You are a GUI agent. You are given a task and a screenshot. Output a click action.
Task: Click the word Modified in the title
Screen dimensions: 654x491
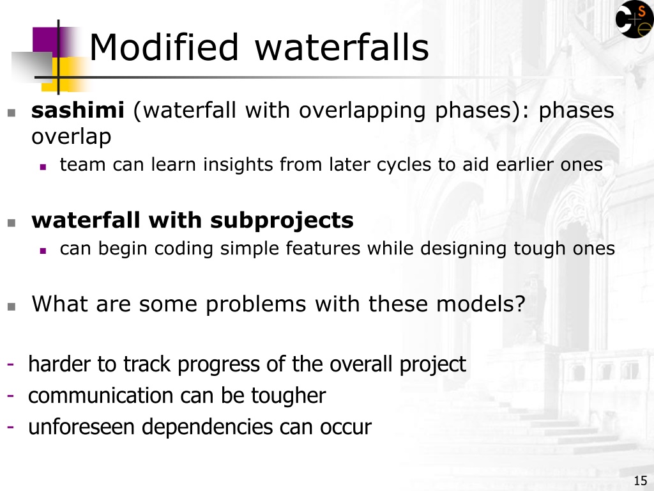click(164, 47)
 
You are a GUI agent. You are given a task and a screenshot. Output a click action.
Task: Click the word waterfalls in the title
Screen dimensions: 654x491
click(342, 47)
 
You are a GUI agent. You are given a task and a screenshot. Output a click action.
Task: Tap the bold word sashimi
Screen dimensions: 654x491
click(77, 110)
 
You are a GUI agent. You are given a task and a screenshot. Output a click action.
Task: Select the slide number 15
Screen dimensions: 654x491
click(641, 481)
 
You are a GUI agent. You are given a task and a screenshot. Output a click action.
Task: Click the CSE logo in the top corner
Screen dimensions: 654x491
click(634, 19)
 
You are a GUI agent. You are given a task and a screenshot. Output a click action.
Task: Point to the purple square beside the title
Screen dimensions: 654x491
click(45, 42)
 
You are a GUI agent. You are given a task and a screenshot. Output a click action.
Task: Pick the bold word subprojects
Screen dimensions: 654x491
click(282, 221)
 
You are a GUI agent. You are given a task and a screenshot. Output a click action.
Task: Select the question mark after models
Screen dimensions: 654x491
click(520, 304)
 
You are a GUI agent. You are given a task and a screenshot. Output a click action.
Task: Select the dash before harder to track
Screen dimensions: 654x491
click(11, 364)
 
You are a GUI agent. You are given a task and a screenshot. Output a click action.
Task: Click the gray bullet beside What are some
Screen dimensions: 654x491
click(11, 307)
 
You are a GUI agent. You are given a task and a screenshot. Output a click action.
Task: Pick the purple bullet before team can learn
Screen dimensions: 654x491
click(43, 167)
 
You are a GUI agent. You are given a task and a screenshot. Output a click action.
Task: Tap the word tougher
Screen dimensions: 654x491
click(288, 396)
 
